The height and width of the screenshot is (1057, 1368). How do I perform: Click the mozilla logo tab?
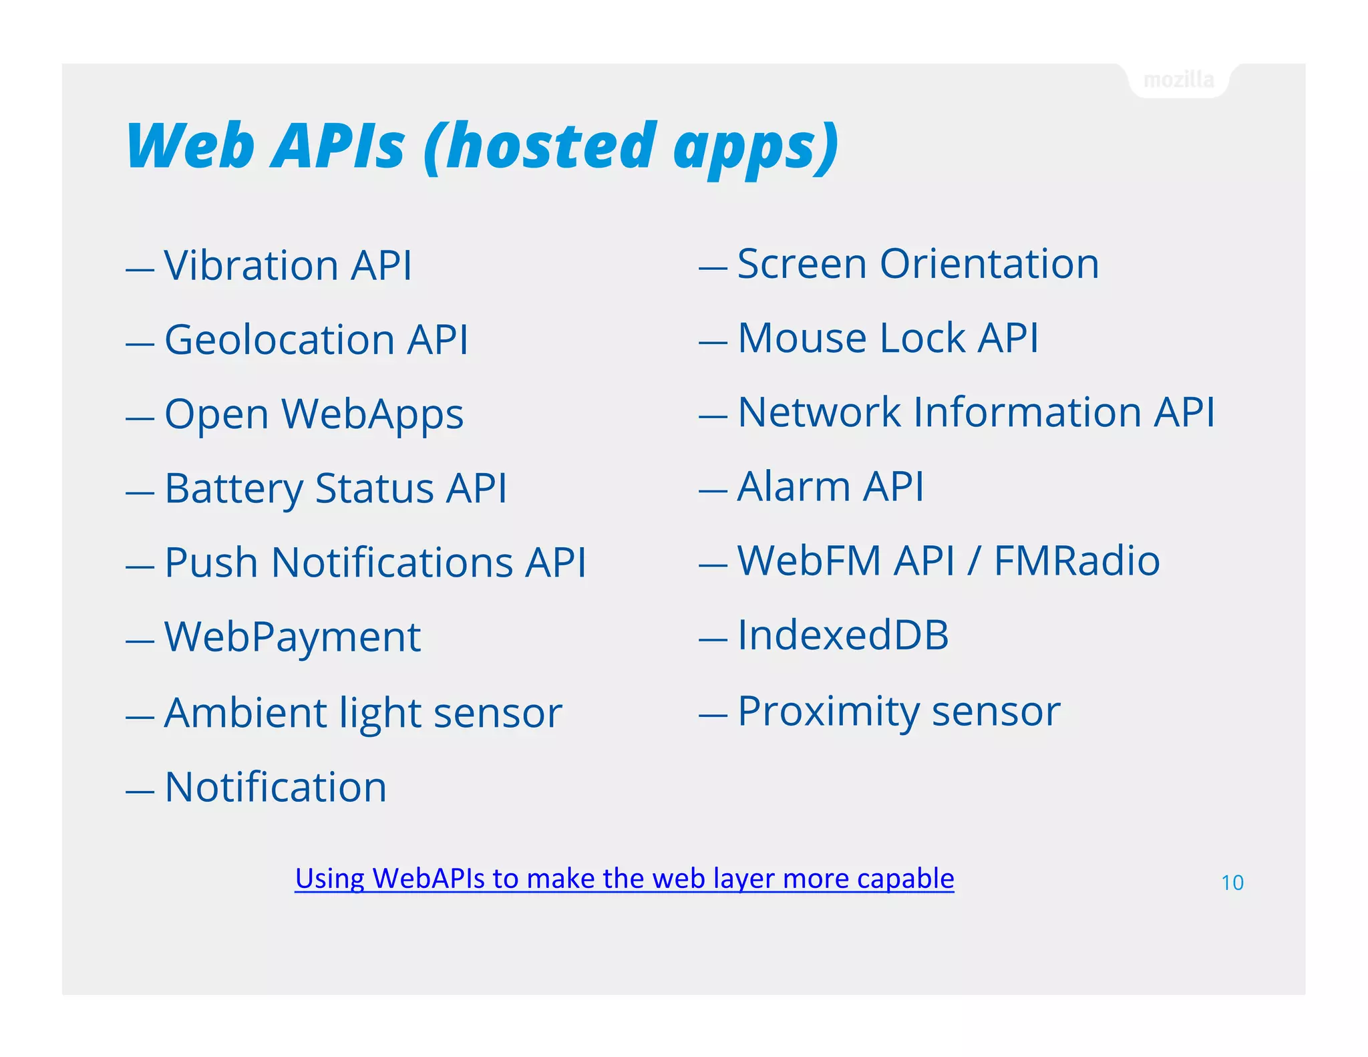[x=1178, y=80]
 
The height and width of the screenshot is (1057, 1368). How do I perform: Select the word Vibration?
[x=250, y=265]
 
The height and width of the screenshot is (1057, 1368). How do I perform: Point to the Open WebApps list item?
[x=313, y=414]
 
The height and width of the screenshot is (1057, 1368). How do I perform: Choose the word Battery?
[x=233, y=488]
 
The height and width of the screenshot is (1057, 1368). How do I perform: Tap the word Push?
[x=210, y=563]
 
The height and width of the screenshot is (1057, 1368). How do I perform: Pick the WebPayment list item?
[x=292, y=637]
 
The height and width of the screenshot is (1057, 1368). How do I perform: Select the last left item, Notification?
[x=275, y=787]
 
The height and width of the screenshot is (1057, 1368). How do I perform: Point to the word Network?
[x=819, y=412]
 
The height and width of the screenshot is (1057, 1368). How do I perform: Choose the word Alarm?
[x=793, y=486]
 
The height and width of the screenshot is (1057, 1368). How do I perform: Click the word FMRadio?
[x=1076, y=561]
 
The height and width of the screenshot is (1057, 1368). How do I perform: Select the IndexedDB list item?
[x=842, y=635]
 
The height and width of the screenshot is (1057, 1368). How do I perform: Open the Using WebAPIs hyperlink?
[x=624, y=879]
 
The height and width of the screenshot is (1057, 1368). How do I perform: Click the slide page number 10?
[x=1232, y=883]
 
